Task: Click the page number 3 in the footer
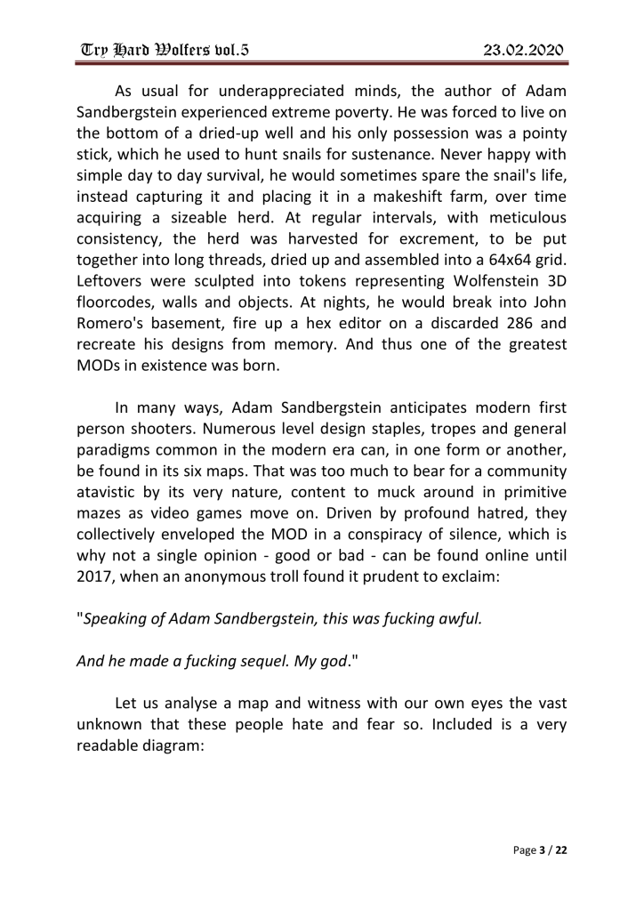coord(543,851)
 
